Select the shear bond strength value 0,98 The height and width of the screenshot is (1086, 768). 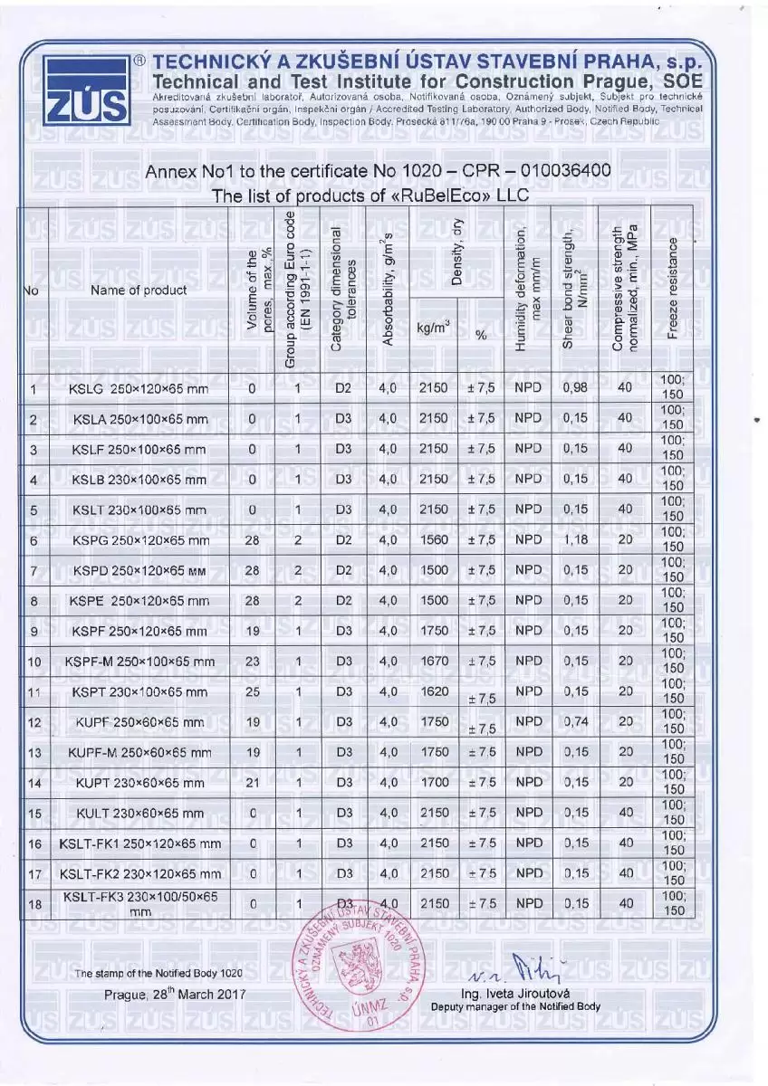point(575,389)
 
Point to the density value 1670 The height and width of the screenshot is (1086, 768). point(434,662)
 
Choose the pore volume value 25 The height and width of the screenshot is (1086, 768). point(252,691)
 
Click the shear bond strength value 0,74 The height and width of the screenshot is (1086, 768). point(575,722)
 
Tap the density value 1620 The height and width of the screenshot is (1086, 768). point(434,691)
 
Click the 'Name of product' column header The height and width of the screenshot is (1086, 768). point(139,291)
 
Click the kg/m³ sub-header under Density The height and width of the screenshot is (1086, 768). point(434,330)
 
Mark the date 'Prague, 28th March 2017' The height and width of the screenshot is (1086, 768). point(175,994)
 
